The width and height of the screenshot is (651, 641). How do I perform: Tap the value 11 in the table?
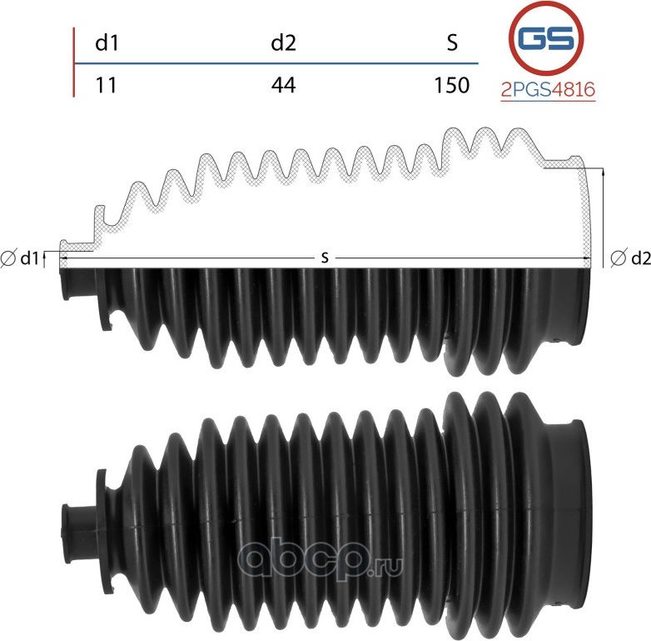point(106,85)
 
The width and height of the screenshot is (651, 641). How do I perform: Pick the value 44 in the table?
point(284,85)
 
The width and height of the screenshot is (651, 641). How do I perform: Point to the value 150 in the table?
point(452,85)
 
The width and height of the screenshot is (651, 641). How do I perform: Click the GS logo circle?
point(545,39)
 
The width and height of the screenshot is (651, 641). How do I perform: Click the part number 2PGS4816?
point(548,90)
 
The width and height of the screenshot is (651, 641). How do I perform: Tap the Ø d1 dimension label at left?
point(23,258)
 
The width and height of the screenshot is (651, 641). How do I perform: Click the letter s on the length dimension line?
point(325,258)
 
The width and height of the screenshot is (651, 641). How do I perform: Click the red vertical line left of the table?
point(74,63)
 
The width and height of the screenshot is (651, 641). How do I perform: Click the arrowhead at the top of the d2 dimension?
point(601,170)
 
